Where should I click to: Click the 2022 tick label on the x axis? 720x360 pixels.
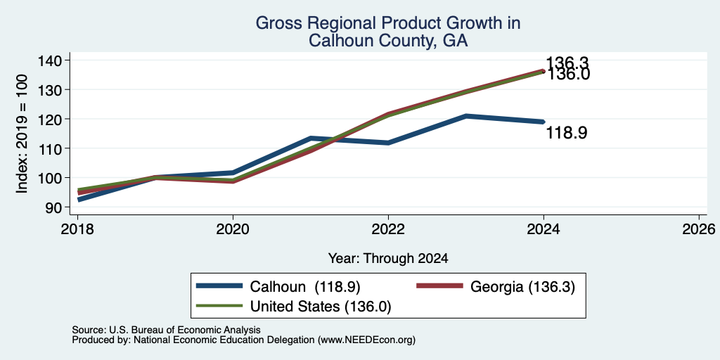pos(388,229)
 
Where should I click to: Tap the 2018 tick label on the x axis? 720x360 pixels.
pos(77,229)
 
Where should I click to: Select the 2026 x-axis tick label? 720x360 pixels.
pos(699,229)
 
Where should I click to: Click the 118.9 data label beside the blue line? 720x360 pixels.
pos(566,134)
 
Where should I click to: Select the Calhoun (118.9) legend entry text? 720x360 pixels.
pos(305,287)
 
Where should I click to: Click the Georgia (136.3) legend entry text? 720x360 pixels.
pos(522,287)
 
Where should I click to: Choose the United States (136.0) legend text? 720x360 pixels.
pos(320,307)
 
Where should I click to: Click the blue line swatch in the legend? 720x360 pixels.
pos(219,286)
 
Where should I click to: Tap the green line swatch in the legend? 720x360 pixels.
pos(219,306)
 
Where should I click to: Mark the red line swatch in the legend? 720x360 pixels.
pos(439,286)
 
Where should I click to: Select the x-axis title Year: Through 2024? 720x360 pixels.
pos(388,259)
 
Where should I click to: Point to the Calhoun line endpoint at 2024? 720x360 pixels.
pos(544,122)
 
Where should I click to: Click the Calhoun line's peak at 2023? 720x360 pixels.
pos(466,116)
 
